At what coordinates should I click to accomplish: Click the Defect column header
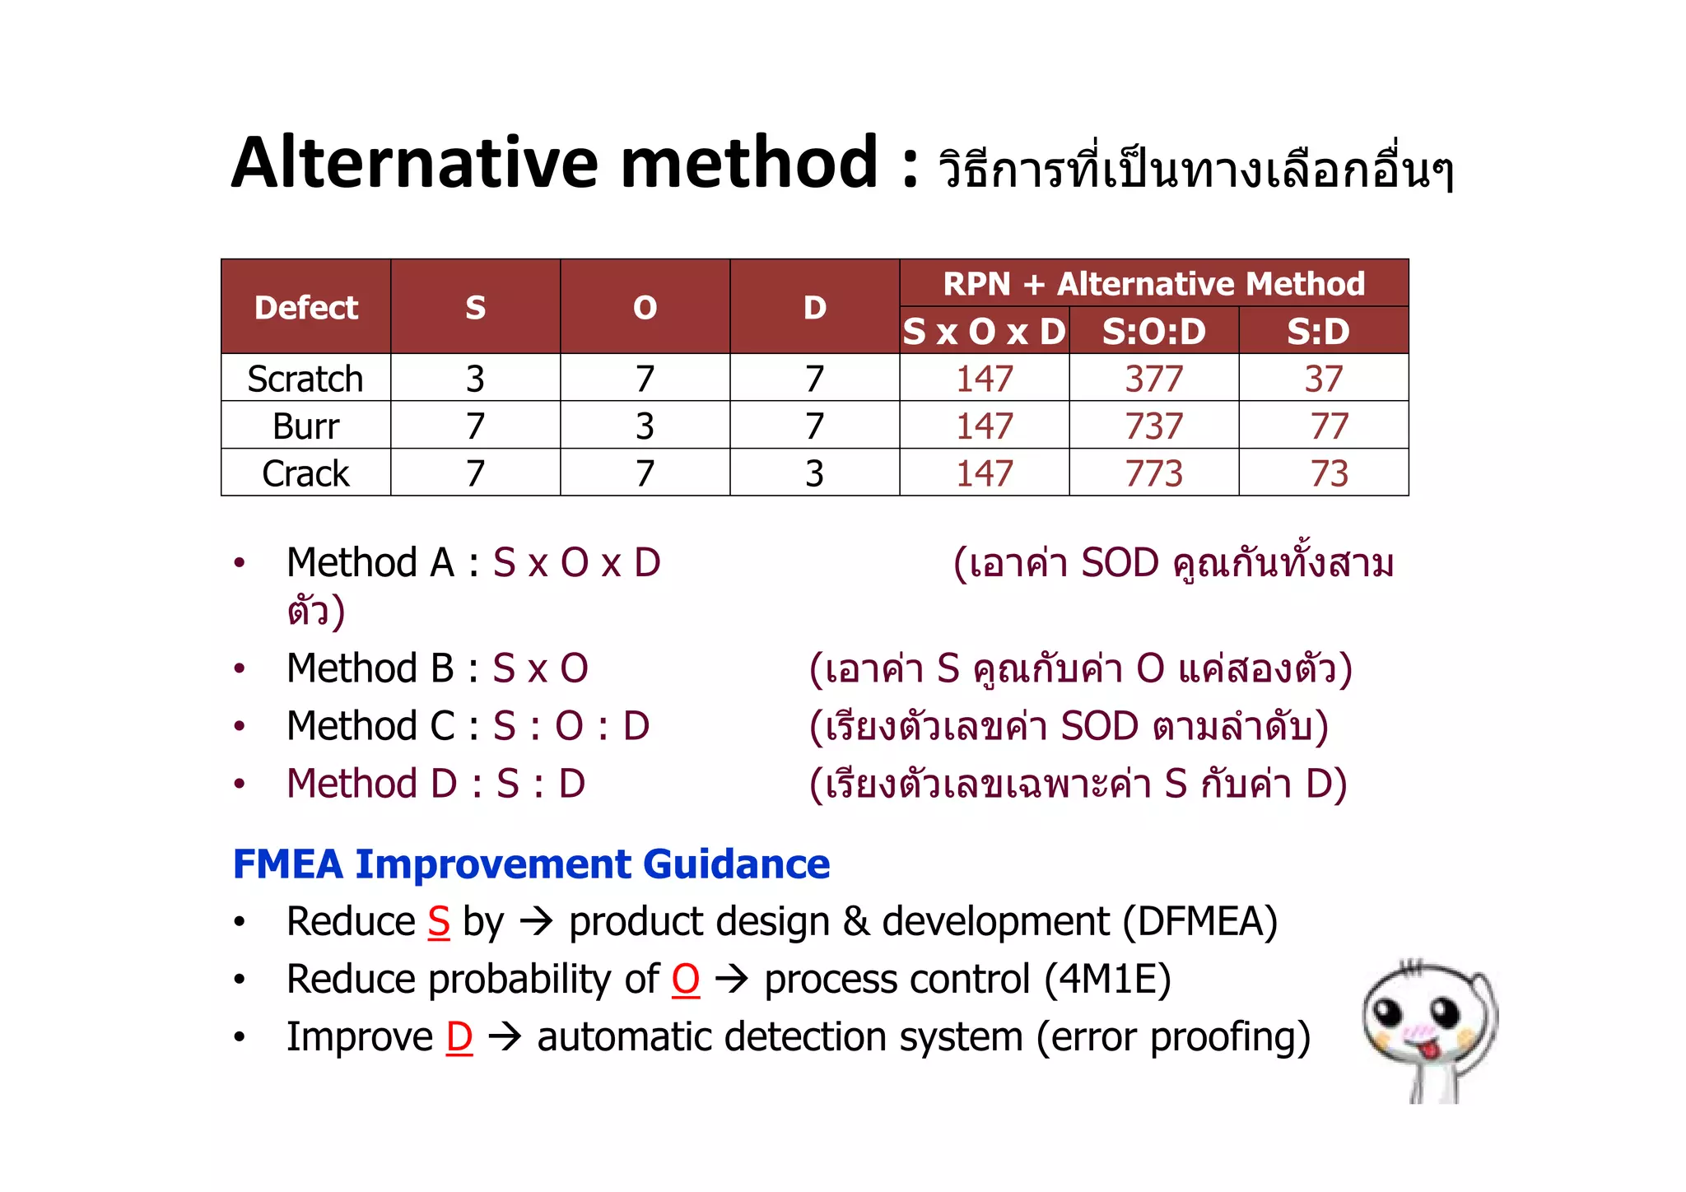pyautogui.click(x=305, y=307)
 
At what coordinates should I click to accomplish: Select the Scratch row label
pyautogui.click(x=305, y=379)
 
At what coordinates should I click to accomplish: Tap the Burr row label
pyautogui.click(x=305, y=426)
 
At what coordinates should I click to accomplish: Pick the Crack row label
pyautogui.click(x=305, y=473)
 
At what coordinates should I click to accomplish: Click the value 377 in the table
pyautogui.click(x=1153, y=379)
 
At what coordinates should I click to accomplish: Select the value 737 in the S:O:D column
pyautogui.click(x=1153, y=426)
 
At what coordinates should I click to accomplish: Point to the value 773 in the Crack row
pyautogui.click(x=1153, y=473)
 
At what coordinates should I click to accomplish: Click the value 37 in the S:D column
pyautogui.click(x=1323, y=379)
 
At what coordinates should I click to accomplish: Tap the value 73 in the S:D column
pyautogui.click(x=1329, y=473)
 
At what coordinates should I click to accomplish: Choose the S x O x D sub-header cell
pyautogui.click(x=984, y=331)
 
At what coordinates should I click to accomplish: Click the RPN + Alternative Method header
pyautogui.click(x=1153, y=284)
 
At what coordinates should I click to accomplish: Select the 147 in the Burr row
pyautogui.click(x=984, y=426)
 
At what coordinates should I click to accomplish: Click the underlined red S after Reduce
pyautogui.click(x=439, y=921)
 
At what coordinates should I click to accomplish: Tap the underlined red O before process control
pyautogui.click(x=685, y=979)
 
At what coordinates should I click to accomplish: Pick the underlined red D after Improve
pyautogui.click(x=459, y=1036)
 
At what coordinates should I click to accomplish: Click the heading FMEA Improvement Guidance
pyautogui.click(x=531, y=864)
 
